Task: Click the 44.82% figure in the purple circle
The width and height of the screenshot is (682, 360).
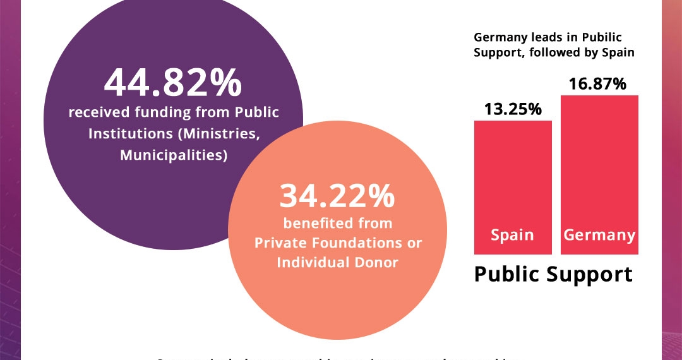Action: (172, 83)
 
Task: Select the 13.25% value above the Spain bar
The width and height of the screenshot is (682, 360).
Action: (513, 109)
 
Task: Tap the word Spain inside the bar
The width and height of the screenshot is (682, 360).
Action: (512, 235)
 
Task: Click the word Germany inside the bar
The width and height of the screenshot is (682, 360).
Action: (599, 235)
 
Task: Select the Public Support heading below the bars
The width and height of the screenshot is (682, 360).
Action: (553, 274)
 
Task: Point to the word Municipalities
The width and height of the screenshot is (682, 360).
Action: (174, 155)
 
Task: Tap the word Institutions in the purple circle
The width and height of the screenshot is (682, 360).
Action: (130, 134)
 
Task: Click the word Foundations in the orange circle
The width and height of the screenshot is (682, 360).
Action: (349, 243)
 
